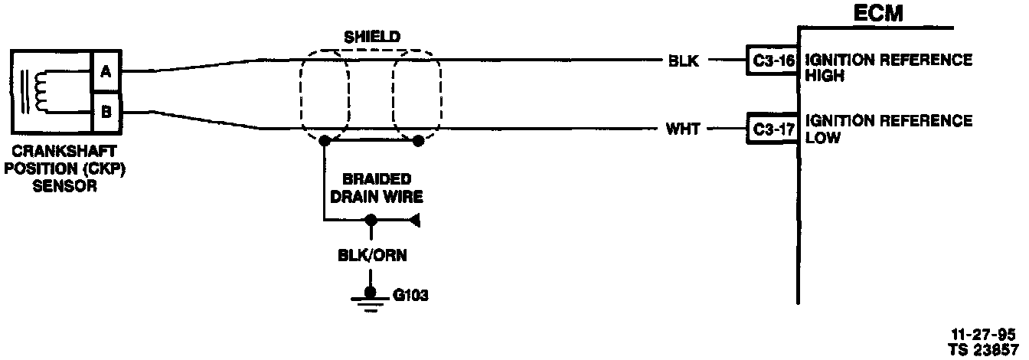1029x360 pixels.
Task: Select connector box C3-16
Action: click(771, 60)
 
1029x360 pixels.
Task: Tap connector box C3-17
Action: click(771, 129)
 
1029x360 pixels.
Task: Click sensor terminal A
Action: click(105, 72)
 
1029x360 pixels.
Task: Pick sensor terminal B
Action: click(105, 113)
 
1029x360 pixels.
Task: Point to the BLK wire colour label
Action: click(683, 61)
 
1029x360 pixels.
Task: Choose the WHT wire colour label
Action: click(683, 129)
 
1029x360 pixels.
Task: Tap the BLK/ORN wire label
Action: click(371, 256)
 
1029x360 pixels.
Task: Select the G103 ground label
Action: click(409, 293)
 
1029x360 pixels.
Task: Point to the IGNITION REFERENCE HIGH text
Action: click(889, 67)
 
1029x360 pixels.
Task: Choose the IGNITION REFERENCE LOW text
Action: click(889, 129)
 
